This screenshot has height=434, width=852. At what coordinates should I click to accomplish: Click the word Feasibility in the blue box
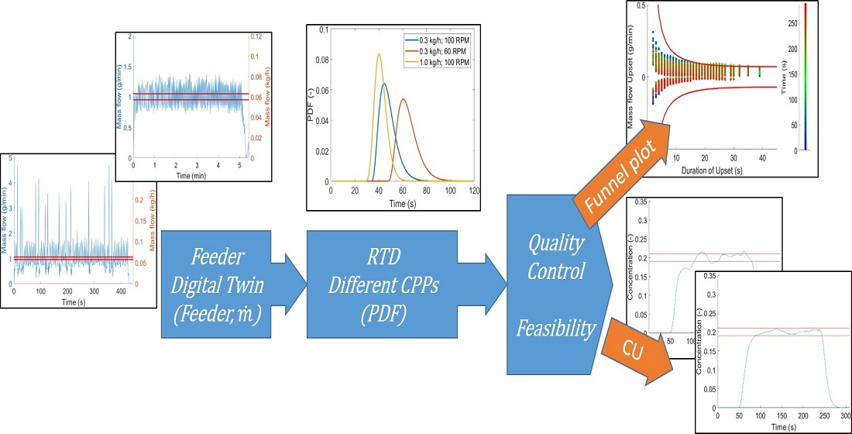[555, 329]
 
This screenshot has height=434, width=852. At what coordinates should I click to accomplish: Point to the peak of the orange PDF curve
[404, 99]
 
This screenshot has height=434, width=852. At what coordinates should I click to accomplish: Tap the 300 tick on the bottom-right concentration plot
[845, 417]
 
